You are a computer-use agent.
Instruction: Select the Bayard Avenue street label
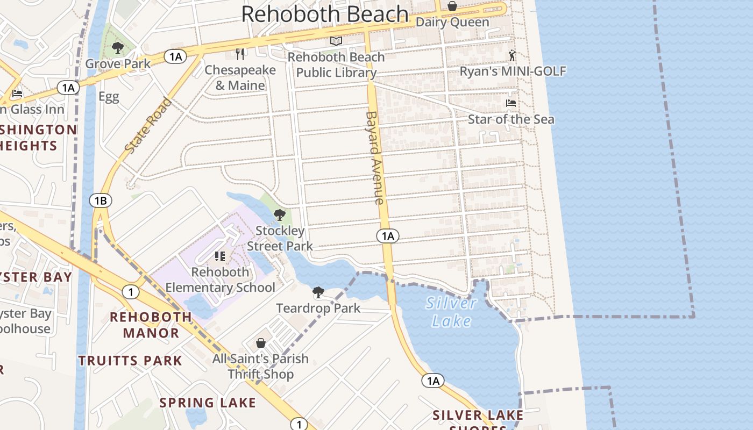(x=374, y=157)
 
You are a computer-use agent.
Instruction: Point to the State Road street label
(x=148, y=125)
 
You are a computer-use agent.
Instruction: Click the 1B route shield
(x=101, y=201)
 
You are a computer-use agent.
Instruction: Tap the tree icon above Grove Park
(x=118, y=48)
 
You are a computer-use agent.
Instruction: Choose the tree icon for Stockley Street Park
(x=279, y=216)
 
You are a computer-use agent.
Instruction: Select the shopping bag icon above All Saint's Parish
(x=261, y=343)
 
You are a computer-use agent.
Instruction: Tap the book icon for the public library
(x=336, y=41)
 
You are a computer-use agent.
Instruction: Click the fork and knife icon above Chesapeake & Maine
(x=240, y=54)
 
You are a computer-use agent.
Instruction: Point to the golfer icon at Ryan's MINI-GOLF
(x=512, y=55)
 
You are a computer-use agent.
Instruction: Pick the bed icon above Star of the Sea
(x=510, y=103)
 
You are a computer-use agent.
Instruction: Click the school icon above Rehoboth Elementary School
(x=220, y=256)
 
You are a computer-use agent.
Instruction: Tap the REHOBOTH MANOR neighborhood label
(x=151, y=325)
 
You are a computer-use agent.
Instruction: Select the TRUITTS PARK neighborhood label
(x=131, y=360)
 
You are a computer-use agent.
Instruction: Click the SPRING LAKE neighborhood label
(x=208, y=402)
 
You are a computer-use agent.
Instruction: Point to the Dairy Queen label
(x=452, y=22)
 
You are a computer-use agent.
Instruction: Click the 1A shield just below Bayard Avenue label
(x=387, y=235)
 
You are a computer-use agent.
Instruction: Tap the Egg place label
(x=109, y=97)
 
